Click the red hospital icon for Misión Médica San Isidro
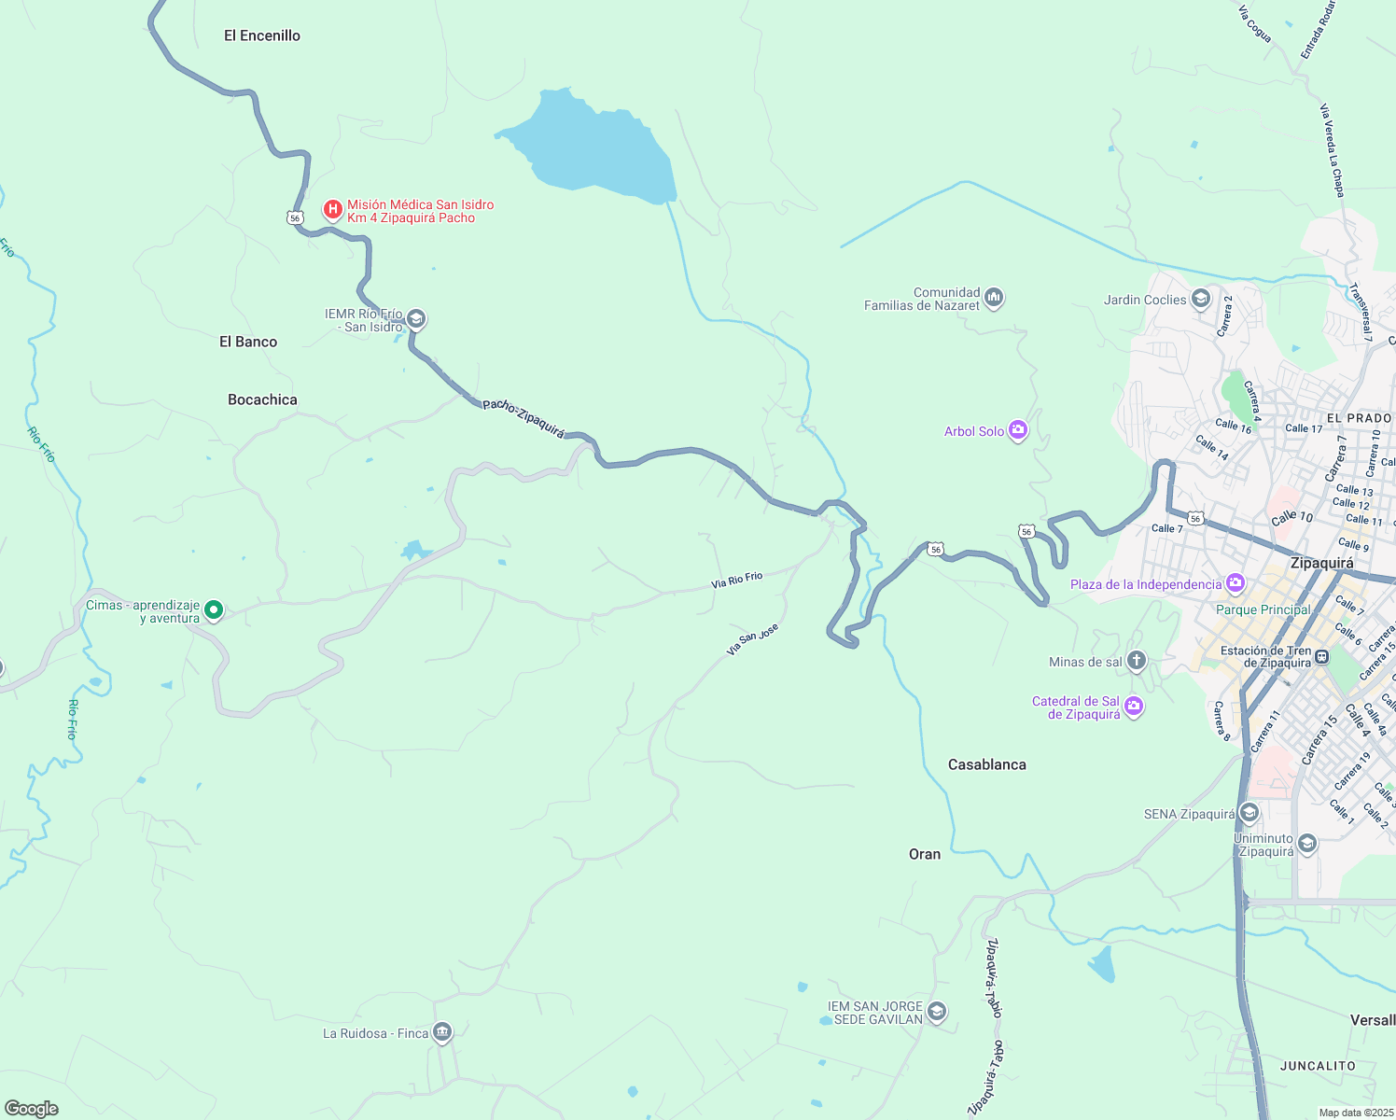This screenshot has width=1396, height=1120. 332,209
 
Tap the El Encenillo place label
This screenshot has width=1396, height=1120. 262,35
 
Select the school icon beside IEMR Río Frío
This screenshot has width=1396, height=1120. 416,320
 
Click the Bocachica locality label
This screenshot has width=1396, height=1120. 262,399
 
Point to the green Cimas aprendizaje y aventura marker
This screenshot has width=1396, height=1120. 214,610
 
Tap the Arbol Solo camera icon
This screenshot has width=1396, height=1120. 1018,430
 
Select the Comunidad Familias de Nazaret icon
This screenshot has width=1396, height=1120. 994,299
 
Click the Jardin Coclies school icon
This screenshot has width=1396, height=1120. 1201,300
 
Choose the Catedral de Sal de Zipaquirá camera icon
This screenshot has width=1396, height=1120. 1134,707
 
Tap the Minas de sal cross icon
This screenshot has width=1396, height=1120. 1136,662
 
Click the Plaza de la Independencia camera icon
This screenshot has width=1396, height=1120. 1235,584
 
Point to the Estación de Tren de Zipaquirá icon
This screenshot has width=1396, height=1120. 1321,657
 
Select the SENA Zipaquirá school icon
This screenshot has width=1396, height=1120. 1249,813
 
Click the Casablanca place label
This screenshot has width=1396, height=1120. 986,764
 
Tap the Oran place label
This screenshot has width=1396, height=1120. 925,854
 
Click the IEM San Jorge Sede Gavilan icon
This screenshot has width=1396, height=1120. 937,1013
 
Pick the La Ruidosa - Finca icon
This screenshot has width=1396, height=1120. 442,1032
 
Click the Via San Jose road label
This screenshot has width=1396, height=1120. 752,639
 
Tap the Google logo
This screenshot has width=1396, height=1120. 31,1108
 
